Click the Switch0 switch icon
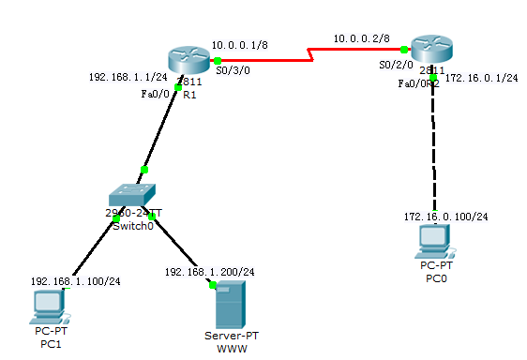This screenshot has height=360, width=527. coord(133,196)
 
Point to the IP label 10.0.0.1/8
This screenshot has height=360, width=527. coord(238,44)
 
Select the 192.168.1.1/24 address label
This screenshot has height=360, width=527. coord(128,78)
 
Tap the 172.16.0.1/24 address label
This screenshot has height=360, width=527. coord(481,79)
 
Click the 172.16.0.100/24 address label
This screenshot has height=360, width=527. coord(445,217)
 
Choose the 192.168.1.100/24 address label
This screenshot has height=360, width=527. coord(75,280)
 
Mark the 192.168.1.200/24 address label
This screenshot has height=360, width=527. coord(209,271)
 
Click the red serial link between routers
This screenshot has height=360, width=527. coord(309,56)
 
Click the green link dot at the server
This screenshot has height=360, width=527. coord(213,284)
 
